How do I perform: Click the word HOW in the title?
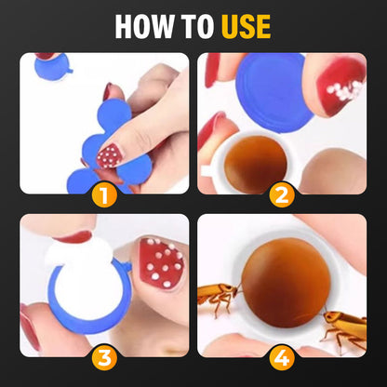145,26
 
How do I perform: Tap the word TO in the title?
196,26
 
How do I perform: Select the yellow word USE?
247,26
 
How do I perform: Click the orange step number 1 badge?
104,195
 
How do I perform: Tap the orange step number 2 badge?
282,195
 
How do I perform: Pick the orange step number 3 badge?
104,357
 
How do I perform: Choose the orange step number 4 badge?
282,357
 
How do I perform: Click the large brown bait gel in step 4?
286,283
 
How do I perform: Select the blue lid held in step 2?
274,92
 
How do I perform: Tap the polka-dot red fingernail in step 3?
162,263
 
